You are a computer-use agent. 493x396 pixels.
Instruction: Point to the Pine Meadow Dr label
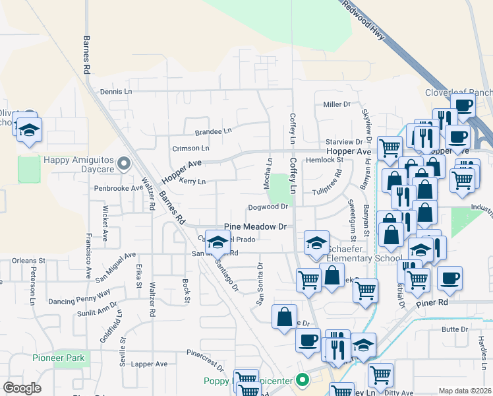click(256, 226)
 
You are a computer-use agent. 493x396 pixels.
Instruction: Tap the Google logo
click(22, 388)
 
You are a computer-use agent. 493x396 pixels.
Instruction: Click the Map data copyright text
click(465, 391)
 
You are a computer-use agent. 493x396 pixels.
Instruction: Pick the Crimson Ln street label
click(190, 148)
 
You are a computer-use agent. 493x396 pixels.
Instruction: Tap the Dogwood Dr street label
click(268, 207)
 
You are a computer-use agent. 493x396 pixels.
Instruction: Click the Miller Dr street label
click(336, 104)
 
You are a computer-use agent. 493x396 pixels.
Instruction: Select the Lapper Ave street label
click(149, 364)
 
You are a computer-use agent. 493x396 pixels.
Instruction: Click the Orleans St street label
click(28, 261)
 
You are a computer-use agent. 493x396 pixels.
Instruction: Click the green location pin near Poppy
click(303, 379)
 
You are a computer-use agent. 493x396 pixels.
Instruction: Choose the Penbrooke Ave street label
click(118, 187)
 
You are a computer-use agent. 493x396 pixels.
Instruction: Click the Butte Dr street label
click(454, 329)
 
